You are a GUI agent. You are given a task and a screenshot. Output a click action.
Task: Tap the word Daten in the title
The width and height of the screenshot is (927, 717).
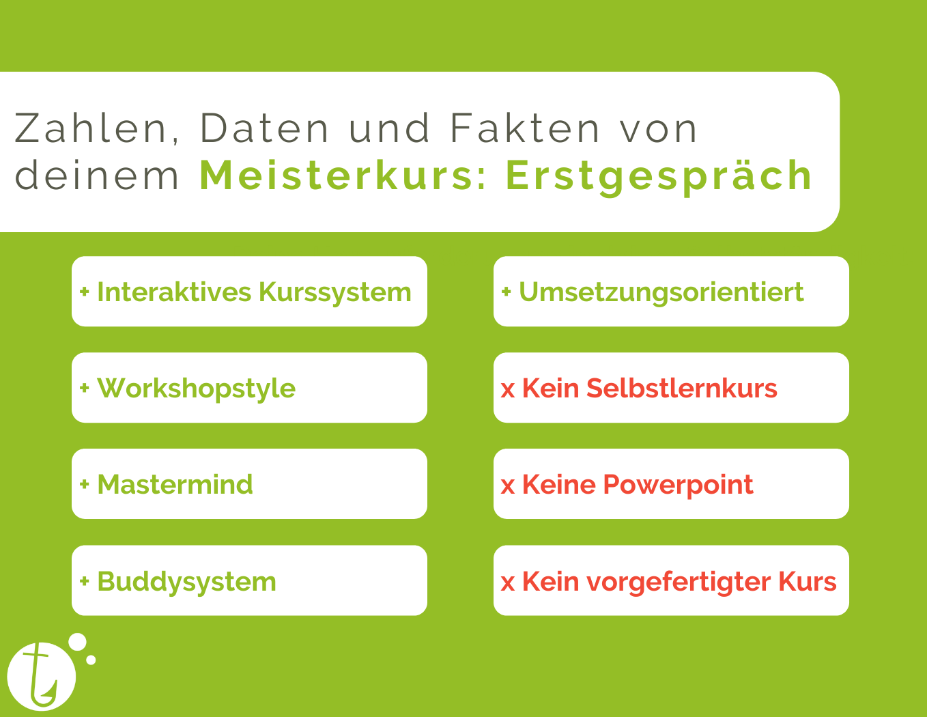pos(264,128)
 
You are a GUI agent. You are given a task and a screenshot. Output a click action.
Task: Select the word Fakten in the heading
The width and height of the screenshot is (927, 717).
pos(525,128)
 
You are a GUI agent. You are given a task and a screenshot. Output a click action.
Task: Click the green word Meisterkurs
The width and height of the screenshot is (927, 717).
pos(343,175)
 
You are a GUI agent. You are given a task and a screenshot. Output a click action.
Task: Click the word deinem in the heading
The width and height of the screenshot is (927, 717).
pos(97,175)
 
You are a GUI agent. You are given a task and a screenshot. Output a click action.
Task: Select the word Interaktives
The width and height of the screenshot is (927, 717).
pos(175,292)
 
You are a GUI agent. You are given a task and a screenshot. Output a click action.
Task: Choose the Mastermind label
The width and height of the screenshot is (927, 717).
pos(175,484)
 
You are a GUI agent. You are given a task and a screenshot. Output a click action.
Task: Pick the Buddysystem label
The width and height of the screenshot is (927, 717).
pos(187,582)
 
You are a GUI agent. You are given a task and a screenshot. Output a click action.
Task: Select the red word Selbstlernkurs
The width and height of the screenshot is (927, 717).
pos(682,388)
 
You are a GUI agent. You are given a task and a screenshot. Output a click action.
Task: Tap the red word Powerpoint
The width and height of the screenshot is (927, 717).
pos(679,486)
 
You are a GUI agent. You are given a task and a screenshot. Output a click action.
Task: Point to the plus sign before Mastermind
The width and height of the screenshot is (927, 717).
pos(85,484)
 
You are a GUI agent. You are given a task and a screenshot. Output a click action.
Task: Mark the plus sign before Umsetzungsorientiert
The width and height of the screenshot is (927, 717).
pos(506,292)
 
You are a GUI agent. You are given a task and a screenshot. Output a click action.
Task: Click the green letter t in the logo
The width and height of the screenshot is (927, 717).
pos(40,674)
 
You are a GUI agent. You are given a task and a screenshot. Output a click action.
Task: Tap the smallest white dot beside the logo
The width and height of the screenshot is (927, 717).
pos(91,660)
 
